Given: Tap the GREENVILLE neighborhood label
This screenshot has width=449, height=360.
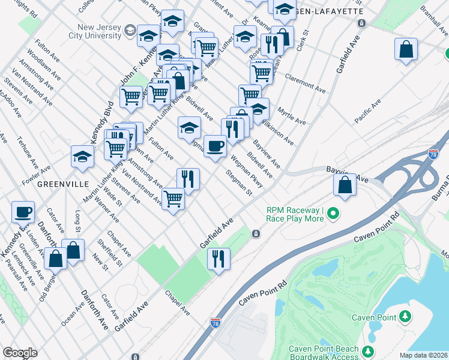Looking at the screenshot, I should [63, 183].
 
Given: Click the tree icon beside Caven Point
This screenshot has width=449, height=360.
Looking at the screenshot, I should [406, 316].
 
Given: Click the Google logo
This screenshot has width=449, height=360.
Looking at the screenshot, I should [20, 353].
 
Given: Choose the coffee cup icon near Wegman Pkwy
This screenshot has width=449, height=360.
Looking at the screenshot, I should [215, 145].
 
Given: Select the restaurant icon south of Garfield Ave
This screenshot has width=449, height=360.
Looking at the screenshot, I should [218, 259].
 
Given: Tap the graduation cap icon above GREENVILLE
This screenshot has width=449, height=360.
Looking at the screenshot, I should [82, 157].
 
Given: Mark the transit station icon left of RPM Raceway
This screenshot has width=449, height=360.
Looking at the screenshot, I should [256, 233].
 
